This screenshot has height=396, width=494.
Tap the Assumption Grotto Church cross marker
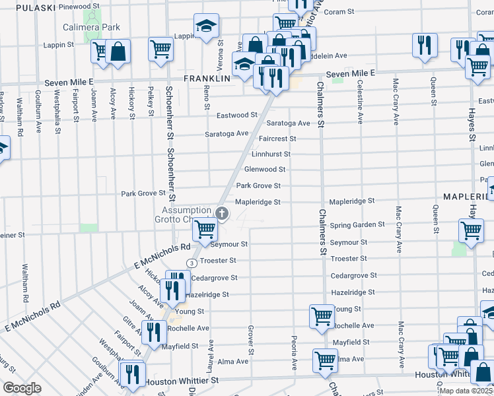point(222,213)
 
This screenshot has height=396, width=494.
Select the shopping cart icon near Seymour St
point(205,229)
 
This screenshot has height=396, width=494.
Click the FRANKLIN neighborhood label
point(207,78)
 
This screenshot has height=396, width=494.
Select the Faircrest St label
point(277,139)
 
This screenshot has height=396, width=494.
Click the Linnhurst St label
point(271,154)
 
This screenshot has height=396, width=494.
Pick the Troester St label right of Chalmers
point(349,259)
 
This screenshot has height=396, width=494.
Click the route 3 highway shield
point(191,263)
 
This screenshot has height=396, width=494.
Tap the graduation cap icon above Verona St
point(206,26)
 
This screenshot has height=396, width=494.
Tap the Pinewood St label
point(79,6)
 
